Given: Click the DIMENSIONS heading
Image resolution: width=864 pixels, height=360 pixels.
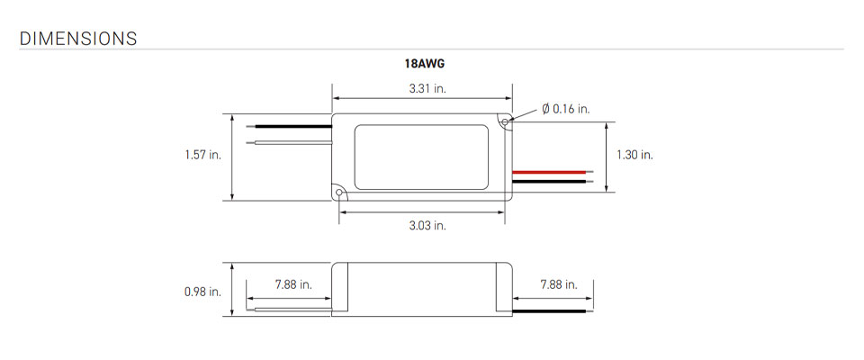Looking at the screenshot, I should [x=77, y=39].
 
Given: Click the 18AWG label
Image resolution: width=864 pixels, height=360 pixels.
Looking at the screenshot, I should [x=422, y=66].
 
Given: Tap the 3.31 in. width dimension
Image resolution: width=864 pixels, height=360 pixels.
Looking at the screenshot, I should [x=422, y=88].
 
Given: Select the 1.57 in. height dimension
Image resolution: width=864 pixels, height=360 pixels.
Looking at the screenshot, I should [x=202, y=155].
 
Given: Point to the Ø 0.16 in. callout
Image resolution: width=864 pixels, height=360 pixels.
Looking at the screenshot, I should [x=566, y=109].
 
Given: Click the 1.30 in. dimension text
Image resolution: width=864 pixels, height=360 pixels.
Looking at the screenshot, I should [x=634, y=155].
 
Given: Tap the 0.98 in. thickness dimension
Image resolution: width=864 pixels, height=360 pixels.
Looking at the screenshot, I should [x=202, y=292].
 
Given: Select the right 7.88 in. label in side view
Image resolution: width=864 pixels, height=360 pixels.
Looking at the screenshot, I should [x=558, y=284].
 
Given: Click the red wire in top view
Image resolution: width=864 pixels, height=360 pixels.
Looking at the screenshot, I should [x=553, y=170].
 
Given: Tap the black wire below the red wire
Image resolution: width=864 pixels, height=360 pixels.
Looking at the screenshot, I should [x=553, y=181].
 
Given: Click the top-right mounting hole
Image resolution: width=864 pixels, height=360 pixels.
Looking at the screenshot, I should [x=507, y=119].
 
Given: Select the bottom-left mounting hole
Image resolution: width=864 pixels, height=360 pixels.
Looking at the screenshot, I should [x=338, y=192].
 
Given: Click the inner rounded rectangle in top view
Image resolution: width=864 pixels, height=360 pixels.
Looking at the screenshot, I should [x=422, y=155].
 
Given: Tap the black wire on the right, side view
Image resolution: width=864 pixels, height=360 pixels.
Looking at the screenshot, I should [x=553, y=311].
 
